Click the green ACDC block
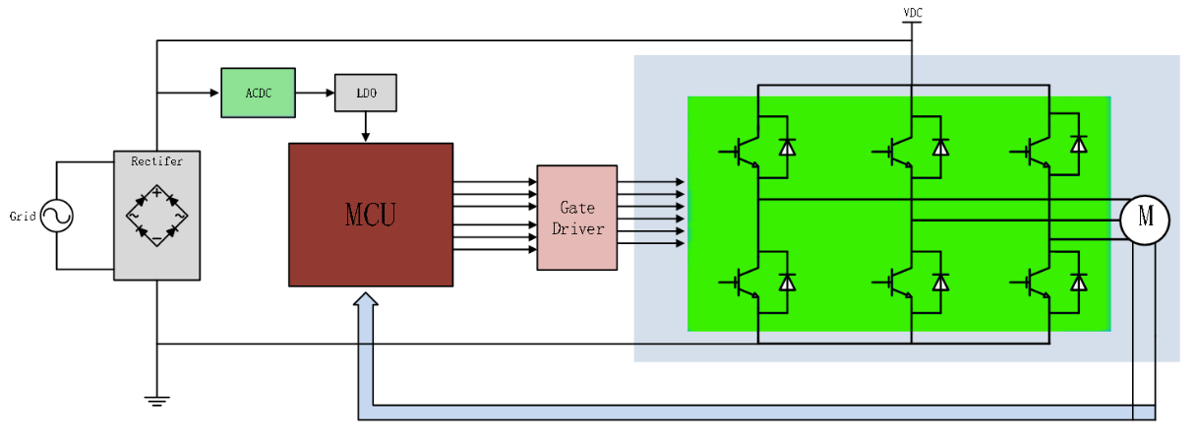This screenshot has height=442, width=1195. coord(258,93)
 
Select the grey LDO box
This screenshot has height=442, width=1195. coord(366,93)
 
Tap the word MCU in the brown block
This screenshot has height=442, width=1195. coord(370,215)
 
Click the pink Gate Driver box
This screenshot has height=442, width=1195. coord(576,218)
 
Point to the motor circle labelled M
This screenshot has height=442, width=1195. coord(1144,219)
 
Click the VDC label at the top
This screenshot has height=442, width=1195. coord(913,13)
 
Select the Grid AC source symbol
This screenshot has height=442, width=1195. coord(56,217)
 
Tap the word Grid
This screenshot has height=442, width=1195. coord(22,217)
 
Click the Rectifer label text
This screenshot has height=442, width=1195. coord(157,159)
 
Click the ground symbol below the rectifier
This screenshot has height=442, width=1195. coord(157,400)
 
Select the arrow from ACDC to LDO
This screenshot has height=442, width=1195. coord(315,93)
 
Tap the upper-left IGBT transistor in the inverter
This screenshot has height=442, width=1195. coord(745,151)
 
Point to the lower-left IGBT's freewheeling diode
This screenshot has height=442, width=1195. coord(787,283)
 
